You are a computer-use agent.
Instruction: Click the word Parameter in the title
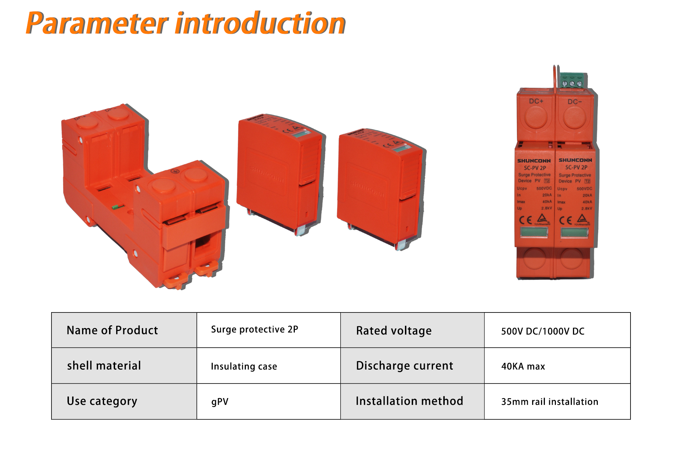pyautogui.click(x=97, y=23)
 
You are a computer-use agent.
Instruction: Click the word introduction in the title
pyautogui.click(x=260, y=23)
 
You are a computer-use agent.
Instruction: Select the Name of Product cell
pyautogui.click(x=112, y=330)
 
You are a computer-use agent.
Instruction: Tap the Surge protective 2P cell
pyautogui.click(x=254, y=330)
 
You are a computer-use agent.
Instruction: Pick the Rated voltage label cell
pyautogui.click(x=394, y=331)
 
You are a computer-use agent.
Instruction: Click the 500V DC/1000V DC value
pyautogui.click(x=542, y=331)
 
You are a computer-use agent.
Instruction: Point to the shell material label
pyautogui.click(x=104, y=366)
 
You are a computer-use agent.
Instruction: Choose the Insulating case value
pyautogui.click(x=244, y=366)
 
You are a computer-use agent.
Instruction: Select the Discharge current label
pyautogui.click(x=404, y=366)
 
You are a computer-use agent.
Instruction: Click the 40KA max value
pyautogui.click(x=523, y=366)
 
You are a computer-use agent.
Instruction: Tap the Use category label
pyautogui.click(x=102, y=401)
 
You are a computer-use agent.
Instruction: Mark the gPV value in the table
pyautogui.click(x=220, y=402)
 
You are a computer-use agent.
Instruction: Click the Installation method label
pyautogui.click(x=409, y=401)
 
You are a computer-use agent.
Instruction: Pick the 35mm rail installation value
pyautogui.click(x=550, y=402)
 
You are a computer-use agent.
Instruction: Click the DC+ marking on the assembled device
pyautogui.click(x=536, y=101)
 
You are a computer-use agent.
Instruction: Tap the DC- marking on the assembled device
pyautogui.click(x=574, y=102)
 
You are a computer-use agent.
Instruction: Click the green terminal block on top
pyautogui.click(x=572, y=81)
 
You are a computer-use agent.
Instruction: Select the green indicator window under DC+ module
pyautogui.click(x=534, y=232)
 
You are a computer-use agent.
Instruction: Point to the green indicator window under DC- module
pyautogui.click(x=574, y=233)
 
